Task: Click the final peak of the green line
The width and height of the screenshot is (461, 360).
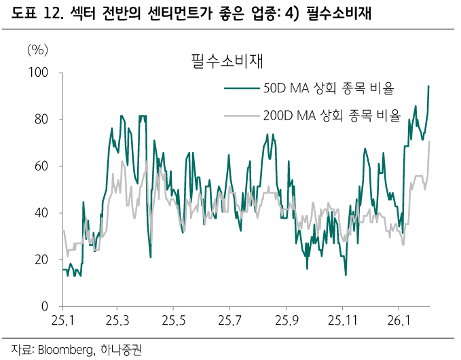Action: coord(428,86)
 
